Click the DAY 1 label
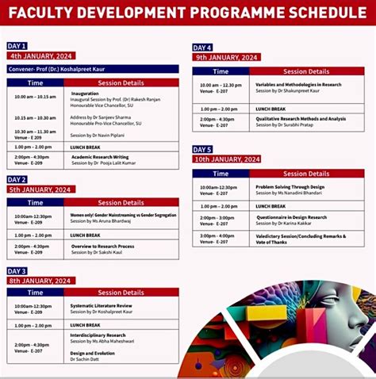coord(17,46)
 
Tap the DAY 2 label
coord(17,180)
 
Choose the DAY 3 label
coord(17,271)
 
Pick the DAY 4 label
coord(203,48)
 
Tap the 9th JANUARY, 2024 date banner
coord(228,58)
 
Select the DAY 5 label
coord(203,149)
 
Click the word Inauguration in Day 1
coord(85,93)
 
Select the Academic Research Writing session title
coord(100,157)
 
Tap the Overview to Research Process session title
coord(103,247)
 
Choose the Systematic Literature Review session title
coord(102,305)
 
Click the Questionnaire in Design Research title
coord(291,217)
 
